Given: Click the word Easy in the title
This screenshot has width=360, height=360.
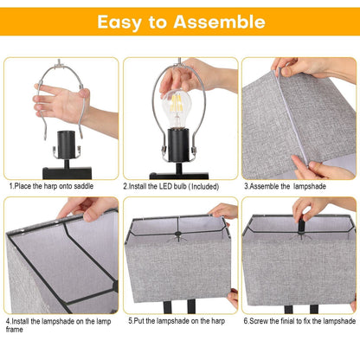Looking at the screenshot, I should click(124, 22).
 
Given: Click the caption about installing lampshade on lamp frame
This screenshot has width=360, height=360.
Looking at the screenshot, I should click(57, 325).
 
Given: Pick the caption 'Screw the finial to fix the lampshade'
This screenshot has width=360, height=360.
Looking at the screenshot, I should click(299, 320).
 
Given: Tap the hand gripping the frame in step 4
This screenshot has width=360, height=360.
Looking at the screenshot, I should click(86, 208).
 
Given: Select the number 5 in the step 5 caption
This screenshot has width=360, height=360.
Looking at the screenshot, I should click(130, 320).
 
